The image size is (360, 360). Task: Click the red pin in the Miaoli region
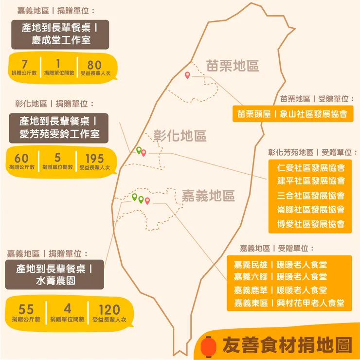pos(187,75)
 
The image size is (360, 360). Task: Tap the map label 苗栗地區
pos(232,66)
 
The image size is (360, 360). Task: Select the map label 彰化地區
pos(180,136)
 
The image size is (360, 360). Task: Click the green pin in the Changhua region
pos(139,150)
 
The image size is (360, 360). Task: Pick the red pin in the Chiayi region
pos(147,200)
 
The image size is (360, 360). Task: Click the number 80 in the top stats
pos(95,65)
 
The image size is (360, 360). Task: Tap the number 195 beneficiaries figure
pos(95,159)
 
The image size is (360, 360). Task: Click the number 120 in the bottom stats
pos(109,309)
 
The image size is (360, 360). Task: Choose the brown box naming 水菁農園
pos(54,275)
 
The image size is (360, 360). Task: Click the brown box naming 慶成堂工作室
pos(61,34)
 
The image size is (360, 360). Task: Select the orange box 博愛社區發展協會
pos(311,224)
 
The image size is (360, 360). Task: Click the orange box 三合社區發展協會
pos(311,196)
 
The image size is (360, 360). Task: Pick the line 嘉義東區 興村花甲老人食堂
pos(289,303)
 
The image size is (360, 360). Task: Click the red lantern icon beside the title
pos(210,346)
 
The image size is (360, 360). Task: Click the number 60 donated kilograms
pos(21,159)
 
